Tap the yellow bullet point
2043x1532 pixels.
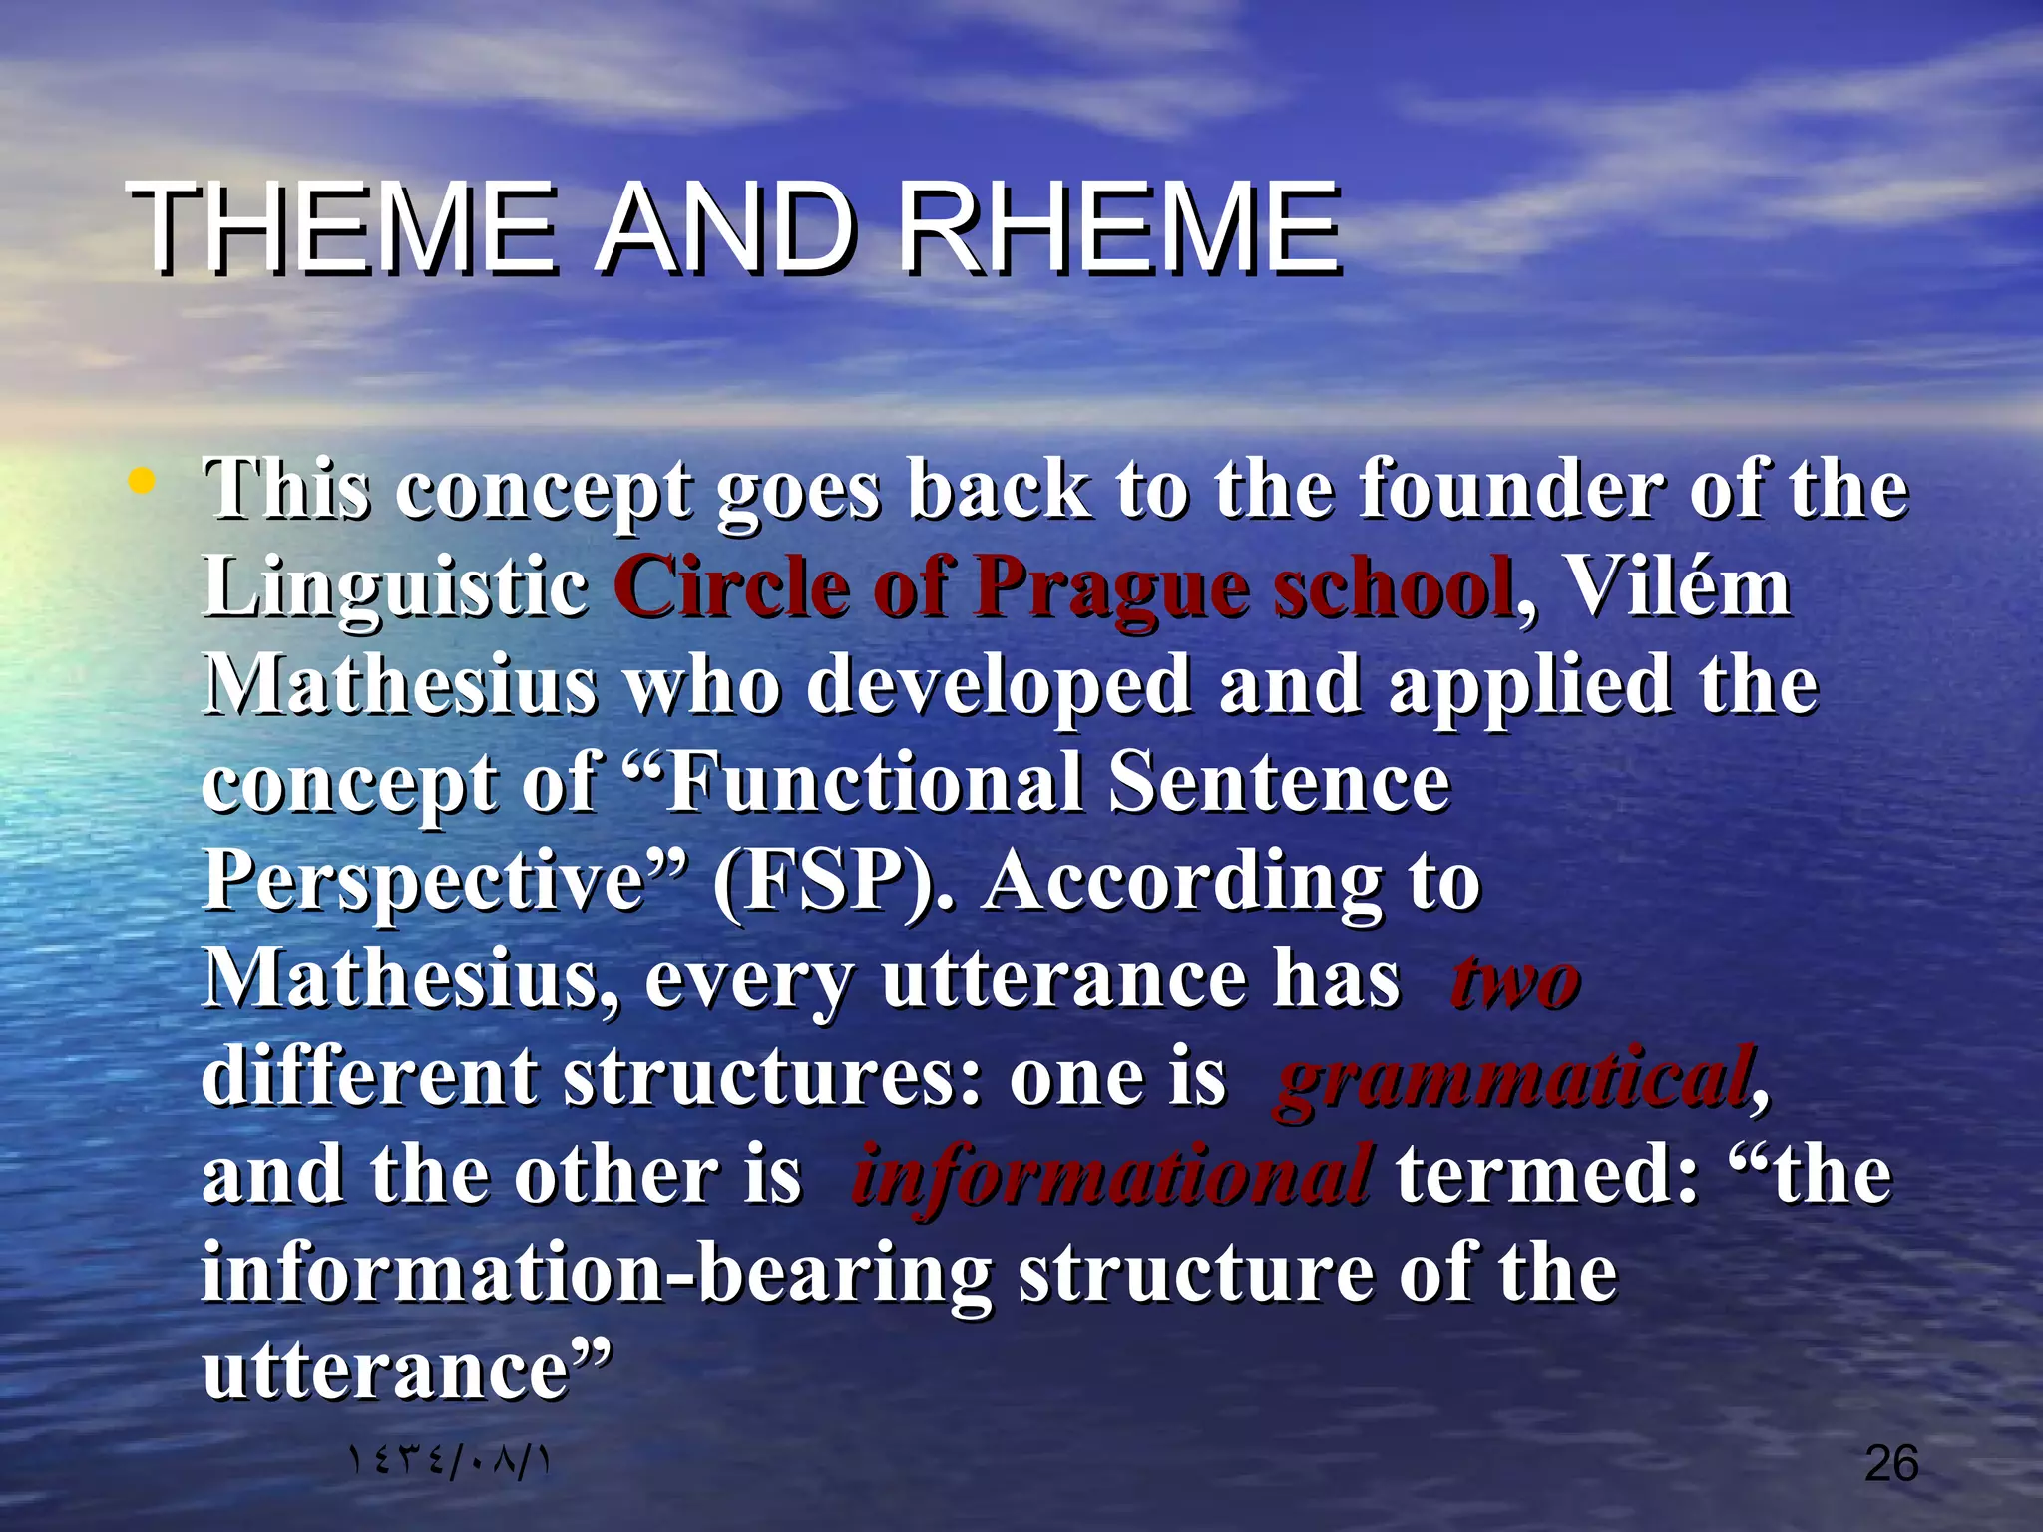[x=142, y=484]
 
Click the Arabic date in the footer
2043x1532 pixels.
[x=448, y=1463]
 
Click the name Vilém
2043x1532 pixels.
[x=1679, y=587]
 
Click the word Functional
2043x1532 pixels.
[x=874, y=783]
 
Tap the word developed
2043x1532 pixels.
[x=999, y=686]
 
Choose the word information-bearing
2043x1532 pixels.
[x=597, y=1275]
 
